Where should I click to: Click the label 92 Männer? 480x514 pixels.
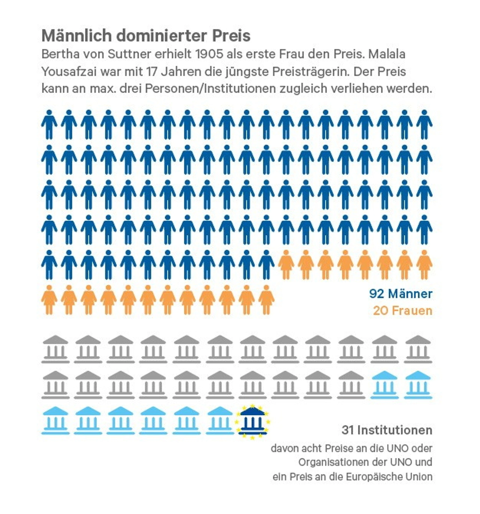(x=400, y=294)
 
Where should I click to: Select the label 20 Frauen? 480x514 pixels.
(x=403, y=311)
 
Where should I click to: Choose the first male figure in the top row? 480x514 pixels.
(x=49, y=124)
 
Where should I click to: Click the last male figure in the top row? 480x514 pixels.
(x=424, y=124)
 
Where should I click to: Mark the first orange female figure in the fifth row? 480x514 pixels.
(x=286, y=264)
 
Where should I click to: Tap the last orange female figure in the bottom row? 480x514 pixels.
(x=266, y=300)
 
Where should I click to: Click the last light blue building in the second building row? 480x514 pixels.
(x=418, y=385)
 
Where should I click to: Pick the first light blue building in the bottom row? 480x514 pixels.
(x=55, y=420)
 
